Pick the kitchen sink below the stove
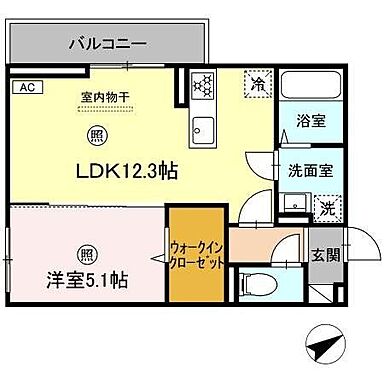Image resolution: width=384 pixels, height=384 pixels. coord(205,127)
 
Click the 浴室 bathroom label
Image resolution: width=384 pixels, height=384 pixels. coord(311,121)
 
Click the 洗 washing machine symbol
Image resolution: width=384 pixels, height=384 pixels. coord(326,207)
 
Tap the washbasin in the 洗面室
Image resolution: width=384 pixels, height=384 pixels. coord(293,205)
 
